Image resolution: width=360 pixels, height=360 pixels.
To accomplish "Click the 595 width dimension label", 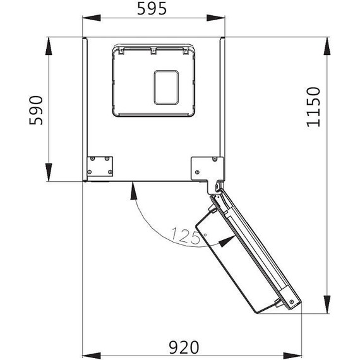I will click(x=153, y=9).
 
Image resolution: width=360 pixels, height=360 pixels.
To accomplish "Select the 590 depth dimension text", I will click(x=37, y=111).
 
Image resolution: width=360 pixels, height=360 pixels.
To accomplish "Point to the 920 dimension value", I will click(x=183, y=347).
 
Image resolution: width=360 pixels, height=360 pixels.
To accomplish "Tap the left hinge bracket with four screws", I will click(x=100, y=166).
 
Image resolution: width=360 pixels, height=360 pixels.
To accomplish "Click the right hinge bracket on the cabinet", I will click(x=207, y=168).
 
